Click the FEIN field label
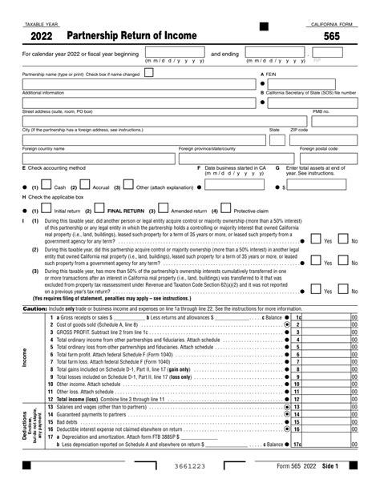270,74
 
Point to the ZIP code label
298,129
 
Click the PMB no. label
321,111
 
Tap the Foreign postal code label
318,148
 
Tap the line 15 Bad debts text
67,421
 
